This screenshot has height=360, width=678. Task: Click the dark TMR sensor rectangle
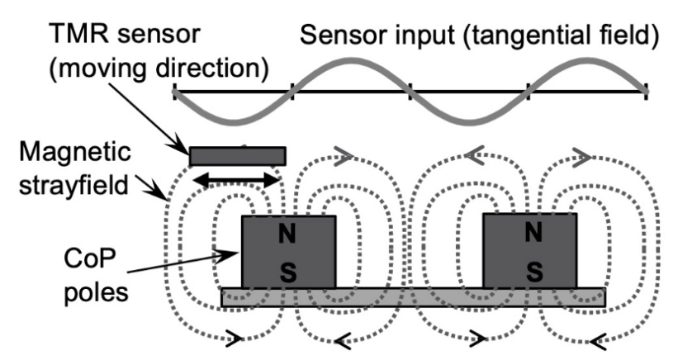238,156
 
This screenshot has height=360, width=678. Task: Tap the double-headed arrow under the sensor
236,180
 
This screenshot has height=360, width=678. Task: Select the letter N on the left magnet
287,234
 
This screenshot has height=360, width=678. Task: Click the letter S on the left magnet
287,272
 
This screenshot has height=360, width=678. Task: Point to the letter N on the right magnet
533,232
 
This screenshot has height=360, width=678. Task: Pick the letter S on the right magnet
534,272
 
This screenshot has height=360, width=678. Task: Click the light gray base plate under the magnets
414,297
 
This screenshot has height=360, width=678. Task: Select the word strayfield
73,185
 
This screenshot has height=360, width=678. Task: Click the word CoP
90,259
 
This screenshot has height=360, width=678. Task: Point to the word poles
96,292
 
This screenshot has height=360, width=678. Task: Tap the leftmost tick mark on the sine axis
175,92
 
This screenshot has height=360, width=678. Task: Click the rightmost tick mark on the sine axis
646,92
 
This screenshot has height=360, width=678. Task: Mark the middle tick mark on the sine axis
410,92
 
